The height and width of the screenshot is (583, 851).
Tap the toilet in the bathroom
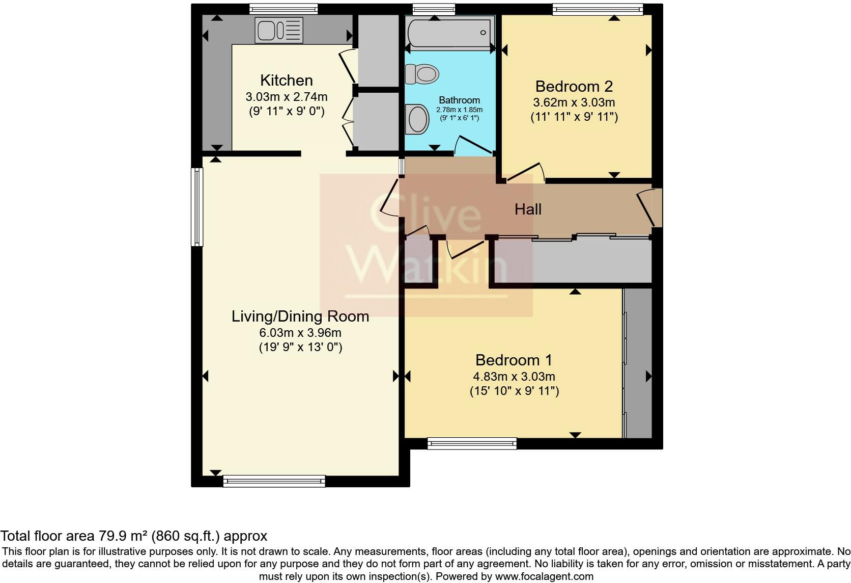pos(422,74)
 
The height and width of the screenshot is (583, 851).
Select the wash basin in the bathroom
pos(418,119)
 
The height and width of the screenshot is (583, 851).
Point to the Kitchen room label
pos(286,80)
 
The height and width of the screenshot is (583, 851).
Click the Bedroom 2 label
pos(574,86)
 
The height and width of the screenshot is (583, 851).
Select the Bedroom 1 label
pos(514,360)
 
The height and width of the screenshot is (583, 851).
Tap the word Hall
pos(528,209)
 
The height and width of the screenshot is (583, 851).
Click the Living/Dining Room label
pos(300,316)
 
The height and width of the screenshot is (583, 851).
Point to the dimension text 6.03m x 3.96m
pos(300,333)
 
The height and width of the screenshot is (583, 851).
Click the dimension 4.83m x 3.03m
pos(514,377)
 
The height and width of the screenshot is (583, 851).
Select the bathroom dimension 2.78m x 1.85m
pos(459,110)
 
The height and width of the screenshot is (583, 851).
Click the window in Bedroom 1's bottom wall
pos(472,443)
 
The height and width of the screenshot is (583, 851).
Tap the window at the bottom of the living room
pos(274,481)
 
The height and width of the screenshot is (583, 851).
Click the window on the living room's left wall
pos(197,206)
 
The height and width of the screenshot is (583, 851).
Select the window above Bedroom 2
pos(598,9)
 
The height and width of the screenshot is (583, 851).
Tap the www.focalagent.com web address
pos(544,576)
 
